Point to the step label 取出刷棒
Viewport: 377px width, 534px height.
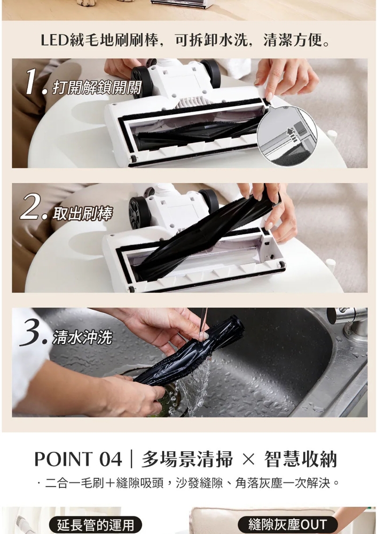tap(82, 214)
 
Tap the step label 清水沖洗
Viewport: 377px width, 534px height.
tap(82, 337)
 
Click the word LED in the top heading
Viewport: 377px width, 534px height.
tap(54, 41)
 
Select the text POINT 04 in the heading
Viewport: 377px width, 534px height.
tap(78, 459)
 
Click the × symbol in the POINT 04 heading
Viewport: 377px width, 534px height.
tap(249, 460)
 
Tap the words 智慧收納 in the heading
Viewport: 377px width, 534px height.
tap(301, 459)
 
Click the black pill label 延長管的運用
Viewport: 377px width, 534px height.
tap(96, 525)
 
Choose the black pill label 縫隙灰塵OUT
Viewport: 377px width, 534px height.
tap(288, 525)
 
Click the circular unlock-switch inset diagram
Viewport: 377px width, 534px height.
tap(287, 136)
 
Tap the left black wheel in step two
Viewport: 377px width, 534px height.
tap(139, 212)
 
